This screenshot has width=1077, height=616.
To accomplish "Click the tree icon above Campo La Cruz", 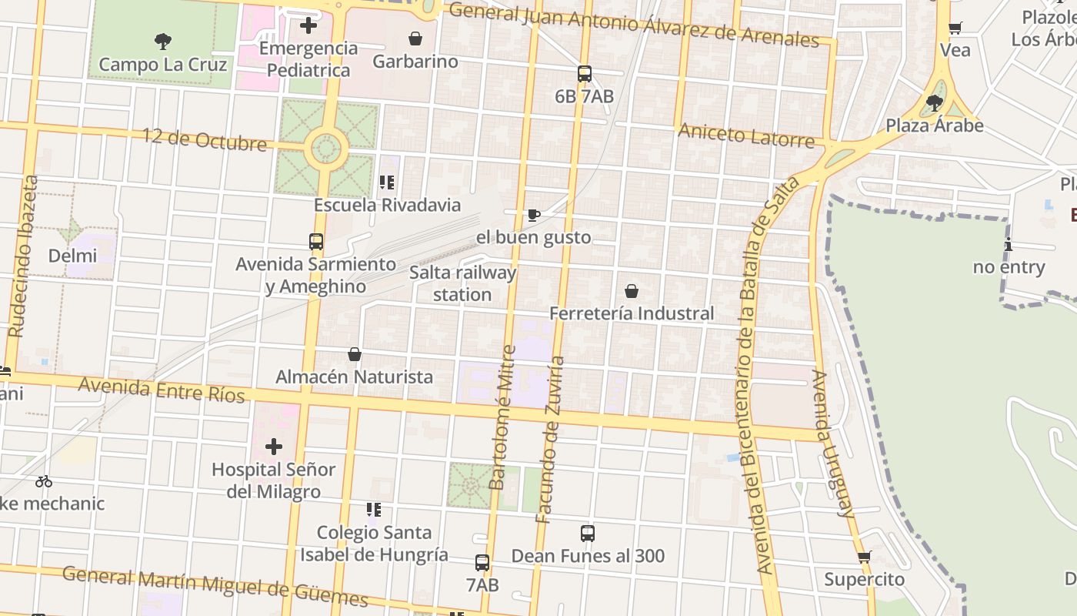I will [x=162, y=42].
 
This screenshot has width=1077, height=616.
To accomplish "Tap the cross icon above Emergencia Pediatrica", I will [x=308, y=25].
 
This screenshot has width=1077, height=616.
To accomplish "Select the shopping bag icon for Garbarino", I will [x=415, y=38].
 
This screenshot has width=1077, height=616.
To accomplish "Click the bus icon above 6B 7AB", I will [x=585, y=74].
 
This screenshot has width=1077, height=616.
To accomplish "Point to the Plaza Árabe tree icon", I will [x=935, y=102].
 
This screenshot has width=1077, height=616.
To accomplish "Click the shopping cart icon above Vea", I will [x=955, y=28].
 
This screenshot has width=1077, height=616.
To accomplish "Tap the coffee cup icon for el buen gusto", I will [x=534, y=215].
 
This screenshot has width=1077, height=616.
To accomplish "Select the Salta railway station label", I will [x=462, y=283].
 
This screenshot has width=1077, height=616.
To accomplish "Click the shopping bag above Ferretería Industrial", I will [x=632, y=291].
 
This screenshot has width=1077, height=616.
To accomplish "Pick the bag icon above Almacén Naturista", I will [x=355, y=354].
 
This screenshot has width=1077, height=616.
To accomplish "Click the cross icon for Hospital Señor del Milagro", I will [x=274, y=447].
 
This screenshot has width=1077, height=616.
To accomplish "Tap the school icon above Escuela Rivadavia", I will [x=387, y=182].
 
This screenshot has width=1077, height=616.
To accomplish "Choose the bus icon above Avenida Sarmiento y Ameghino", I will [x=316, y=242].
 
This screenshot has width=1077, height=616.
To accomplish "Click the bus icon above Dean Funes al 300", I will [x=588, y=533].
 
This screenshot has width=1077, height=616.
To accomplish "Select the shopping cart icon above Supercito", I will [x=865, y=557].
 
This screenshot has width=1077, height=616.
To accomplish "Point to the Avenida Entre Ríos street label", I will [x=162, y=390].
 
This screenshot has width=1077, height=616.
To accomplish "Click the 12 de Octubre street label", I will [x=205, y=139].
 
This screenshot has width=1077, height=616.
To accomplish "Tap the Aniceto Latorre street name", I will [x=745, y=136].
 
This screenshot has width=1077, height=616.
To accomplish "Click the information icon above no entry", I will [x=1009, y=245].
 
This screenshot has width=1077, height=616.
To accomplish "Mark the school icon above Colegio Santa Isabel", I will [x=374, y=510].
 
